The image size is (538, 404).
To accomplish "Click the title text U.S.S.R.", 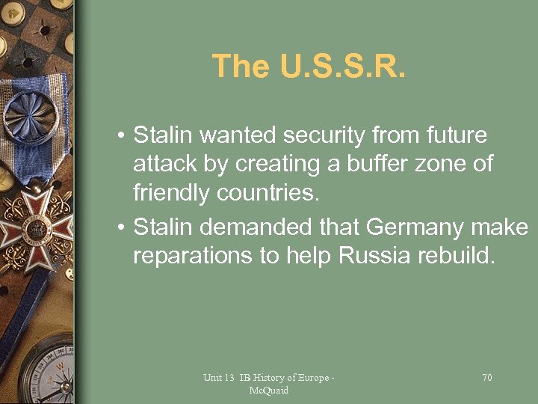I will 342,66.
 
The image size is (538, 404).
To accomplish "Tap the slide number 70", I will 486,378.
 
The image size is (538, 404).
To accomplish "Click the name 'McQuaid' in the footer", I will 270,391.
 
